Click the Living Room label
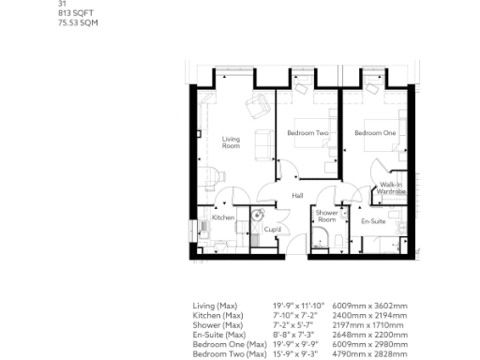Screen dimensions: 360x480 tap(231, 142)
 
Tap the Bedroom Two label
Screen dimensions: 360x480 tap(307, 133)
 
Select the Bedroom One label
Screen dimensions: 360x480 tap(374, 133)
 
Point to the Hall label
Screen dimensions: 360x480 tap(297, 195)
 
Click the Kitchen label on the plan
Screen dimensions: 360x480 tap(222, 217)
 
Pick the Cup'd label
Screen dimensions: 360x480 tap(273, 228)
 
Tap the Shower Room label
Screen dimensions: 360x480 tap(326, 216)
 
